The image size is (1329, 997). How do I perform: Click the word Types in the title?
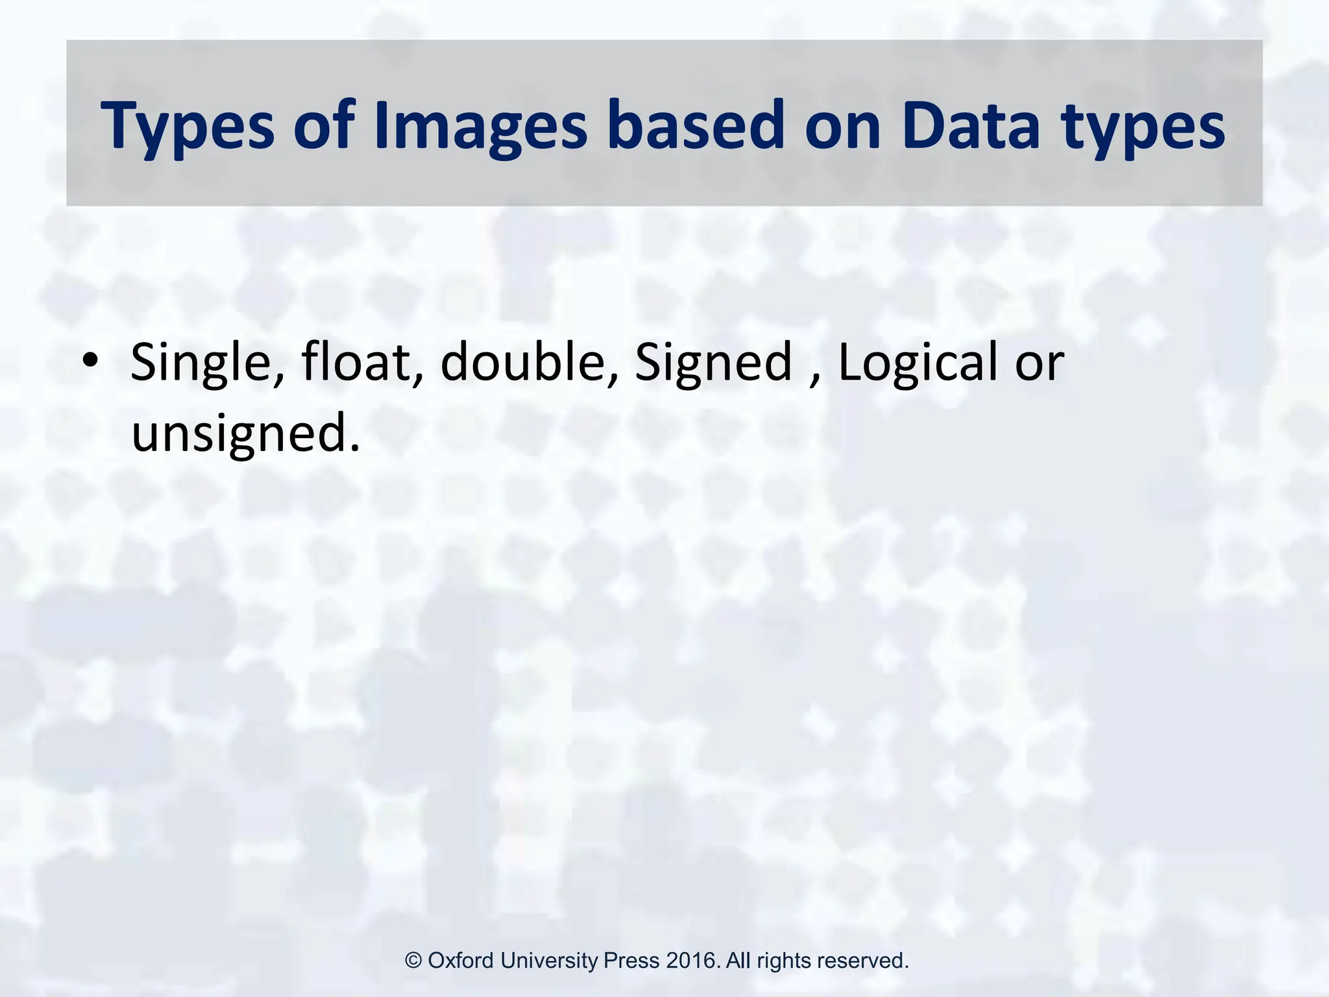pos(188,126)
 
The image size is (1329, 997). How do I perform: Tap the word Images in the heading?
pos(481,126)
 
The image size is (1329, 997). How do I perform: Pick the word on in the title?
pos(843,126)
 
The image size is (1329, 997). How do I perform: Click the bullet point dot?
pos(90,359)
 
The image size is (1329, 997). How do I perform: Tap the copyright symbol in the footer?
pos(414,961)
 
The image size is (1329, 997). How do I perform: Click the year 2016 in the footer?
pos(692,961)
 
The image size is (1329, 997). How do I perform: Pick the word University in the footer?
pos(550,961)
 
